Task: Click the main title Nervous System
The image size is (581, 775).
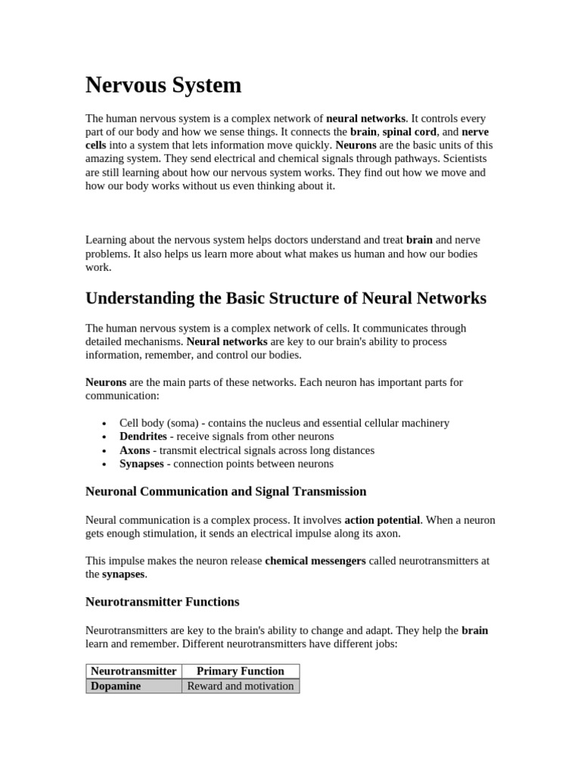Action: click(x=163, y=86)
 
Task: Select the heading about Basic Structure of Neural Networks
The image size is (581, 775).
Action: click(x=286, y=298)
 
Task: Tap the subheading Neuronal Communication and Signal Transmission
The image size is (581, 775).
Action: click(x=225, y=492)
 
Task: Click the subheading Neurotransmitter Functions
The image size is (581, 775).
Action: click(x=162, y=602)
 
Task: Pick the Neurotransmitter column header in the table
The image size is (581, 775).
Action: click(x=134, y=671)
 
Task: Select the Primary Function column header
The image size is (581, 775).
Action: click(x=240, y=671)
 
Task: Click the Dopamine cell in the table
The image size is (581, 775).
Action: click(x=116, y=686)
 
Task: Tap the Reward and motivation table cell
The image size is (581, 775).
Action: click(x=240, y=686)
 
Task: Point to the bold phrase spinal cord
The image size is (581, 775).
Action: click(x=409, y=132)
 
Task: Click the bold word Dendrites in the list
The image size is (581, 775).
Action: click(x=143, y=437)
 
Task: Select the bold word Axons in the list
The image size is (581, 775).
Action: click(x=135, y=450)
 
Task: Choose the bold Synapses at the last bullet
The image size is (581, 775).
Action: click(x=141, y=464)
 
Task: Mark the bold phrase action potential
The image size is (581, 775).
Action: click(x=382, y=521)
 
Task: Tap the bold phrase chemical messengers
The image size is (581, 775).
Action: click(x=315, y=562)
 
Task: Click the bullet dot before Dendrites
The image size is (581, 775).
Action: click(x=104, y=437)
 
